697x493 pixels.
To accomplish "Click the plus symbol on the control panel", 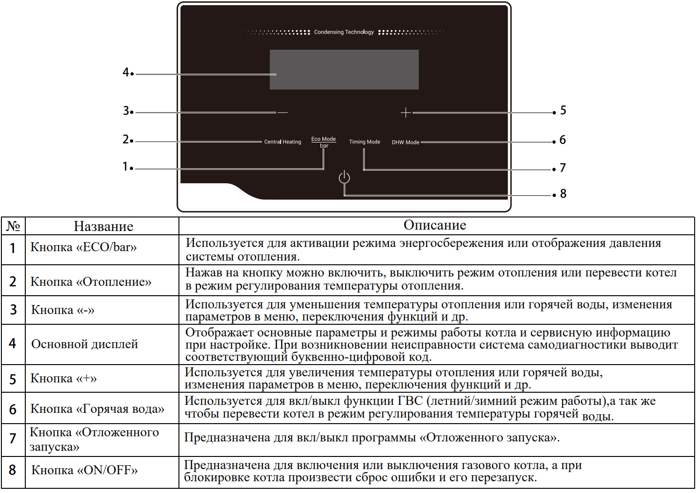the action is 406,112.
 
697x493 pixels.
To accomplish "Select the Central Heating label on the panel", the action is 282,142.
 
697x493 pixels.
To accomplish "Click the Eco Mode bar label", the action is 324,142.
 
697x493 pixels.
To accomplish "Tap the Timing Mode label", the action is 364,142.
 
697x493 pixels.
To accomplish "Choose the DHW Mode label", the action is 406,142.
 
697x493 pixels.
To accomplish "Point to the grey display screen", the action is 344,70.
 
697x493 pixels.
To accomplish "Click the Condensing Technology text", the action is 344,32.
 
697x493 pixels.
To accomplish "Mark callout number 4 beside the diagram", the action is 126,72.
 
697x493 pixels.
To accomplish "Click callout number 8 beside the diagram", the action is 563,194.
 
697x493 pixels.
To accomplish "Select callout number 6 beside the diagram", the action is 563,140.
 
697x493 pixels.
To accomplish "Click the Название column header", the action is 104,226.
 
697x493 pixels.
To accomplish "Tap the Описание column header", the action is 435,225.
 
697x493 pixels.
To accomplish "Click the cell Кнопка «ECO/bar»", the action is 83,247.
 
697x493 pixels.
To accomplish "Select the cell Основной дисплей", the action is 84,344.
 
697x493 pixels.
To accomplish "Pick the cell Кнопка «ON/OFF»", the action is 84,470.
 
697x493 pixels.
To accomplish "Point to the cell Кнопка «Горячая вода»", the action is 97,409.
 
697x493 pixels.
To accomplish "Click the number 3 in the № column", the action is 13,310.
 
